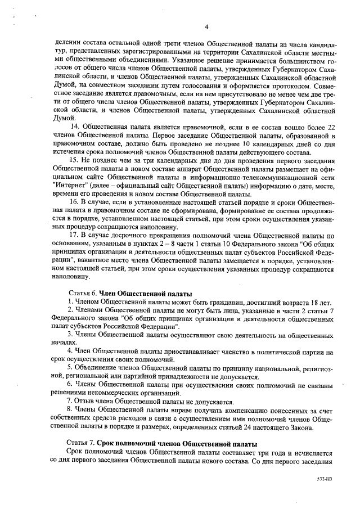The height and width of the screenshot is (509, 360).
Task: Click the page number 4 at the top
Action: [x=206, y=26]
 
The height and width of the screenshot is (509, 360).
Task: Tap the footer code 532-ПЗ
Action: [x=325, y=481]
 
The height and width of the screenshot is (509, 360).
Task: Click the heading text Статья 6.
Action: [x=82, y=294]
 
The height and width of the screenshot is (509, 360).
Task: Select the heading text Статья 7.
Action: [x=82, y=444]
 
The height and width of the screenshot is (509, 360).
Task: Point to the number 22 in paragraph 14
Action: [x=331, y=128]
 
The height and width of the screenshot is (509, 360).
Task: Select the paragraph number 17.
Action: [x=74, y=234]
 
